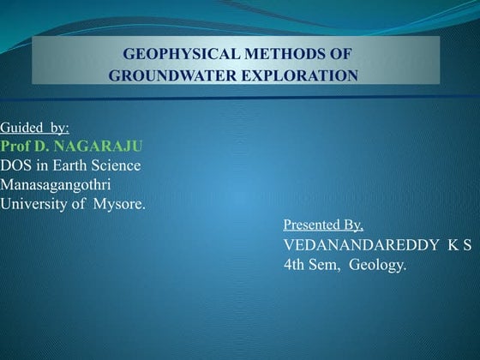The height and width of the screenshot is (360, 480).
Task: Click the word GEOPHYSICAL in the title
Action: pos(181,54)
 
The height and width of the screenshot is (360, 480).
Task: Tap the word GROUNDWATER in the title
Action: pos(172,75)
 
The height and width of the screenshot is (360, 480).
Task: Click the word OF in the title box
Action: pos(339,54)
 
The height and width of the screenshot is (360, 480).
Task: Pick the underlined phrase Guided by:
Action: pos(34,128)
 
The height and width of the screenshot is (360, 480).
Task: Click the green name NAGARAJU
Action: pos(98,147)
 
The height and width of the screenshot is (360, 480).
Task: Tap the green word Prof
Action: pos(15,147)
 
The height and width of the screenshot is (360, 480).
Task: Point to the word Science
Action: pos(116,165)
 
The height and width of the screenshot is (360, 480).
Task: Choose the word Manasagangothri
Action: pos(56,185)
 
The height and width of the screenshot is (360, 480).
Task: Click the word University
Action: pos(33,205)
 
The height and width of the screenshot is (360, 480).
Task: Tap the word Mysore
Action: pos(119,205)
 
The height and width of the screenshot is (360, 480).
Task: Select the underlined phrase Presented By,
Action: pos(323,225)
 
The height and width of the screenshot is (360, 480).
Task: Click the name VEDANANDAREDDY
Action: pos(361,245)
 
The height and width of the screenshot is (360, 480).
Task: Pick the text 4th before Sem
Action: pos(294,265)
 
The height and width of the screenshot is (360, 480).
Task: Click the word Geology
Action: pos(377,265)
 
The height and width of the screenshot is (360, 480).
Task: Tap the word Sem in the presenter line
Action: pos(324,265)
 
